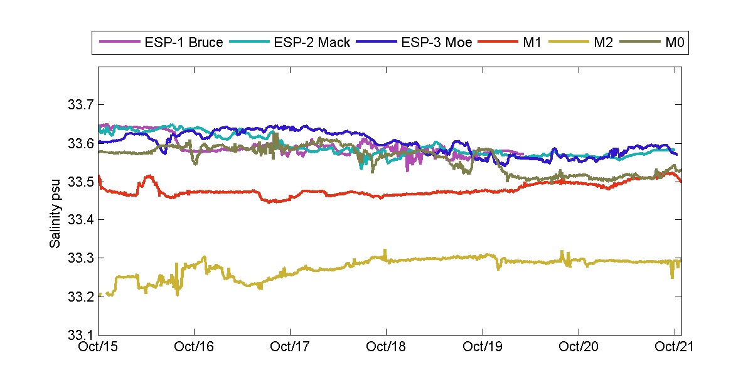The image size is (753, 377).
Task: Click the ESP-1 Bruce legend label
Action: pyautogui.click(x=184, y=43)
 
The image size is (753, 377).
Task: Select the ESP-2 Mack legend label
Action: pyautogui.click(x=312, y=43)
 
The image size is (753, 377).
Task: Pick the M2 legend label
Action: pyautogui.click(x=602, y=43)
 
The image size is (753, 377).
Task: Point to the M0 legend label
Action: pyautogui.click(x=674, y=43)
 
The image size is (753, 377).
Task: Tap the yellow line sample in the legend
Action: pyautogui.click(x=567, y=43)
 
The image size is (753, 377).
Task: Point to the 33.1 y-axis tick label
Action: pyautogui.click(x=80, y=335)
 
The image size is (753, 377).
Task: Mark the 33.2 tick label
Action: pyautogui.click(x=80, y=297)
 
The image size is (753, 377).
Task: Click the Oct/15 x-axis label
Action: pyautogui.click(x=99, y=346)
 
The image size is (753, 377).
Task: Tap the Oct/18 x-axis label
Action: pyautogui.click(x=386, y=346)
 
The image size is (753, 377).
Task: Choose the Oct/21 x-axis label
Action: pyautogui.click(x=674, y=346)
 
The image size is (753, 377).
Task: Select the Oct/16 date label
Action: pyautogui.click(x=195, y=346)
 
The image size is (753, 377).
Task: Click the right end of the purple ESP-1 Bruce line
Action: pyautogui.click(x=523, y=153)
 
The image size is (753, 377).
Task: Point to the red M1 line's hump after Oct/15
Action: pyautogui.click(x=149, y=177)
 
